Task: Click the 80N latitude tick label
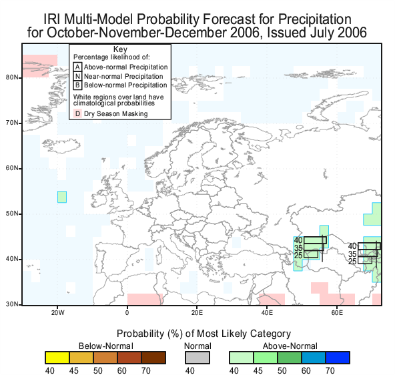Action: (12, 77)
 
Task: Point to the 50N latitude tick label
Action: (12, 214)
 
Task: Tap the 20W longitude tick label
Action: (57, 313)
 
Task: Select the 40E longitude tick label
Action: (267, 313)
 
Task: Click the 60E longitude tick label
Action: (337, 313)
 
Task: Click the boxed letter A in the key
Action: (77, 67)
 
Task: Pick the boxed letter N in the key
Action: (77, 76)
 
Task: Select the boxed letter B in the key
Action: (77, 85)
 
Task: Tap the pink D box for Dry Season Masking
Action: (77, 113)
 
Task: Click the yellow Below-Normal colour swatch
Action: (57, 358)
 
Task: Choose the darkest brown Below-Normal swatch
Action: (153, 358)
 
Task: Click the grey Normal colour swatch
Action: (197, 358)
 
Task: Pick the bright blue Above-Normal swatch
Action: (338, 358)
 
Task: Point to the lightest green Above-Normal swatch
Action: (242, 358)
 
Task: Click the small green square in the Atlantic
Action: (62, 197)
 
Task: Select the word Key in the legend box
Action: (120, 49)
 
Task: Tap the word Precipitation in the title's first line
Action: (315, 19)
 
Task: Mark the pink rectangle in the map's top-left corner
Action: (40, 66)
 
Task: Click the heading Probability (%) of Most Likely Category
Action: (204, 334)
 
